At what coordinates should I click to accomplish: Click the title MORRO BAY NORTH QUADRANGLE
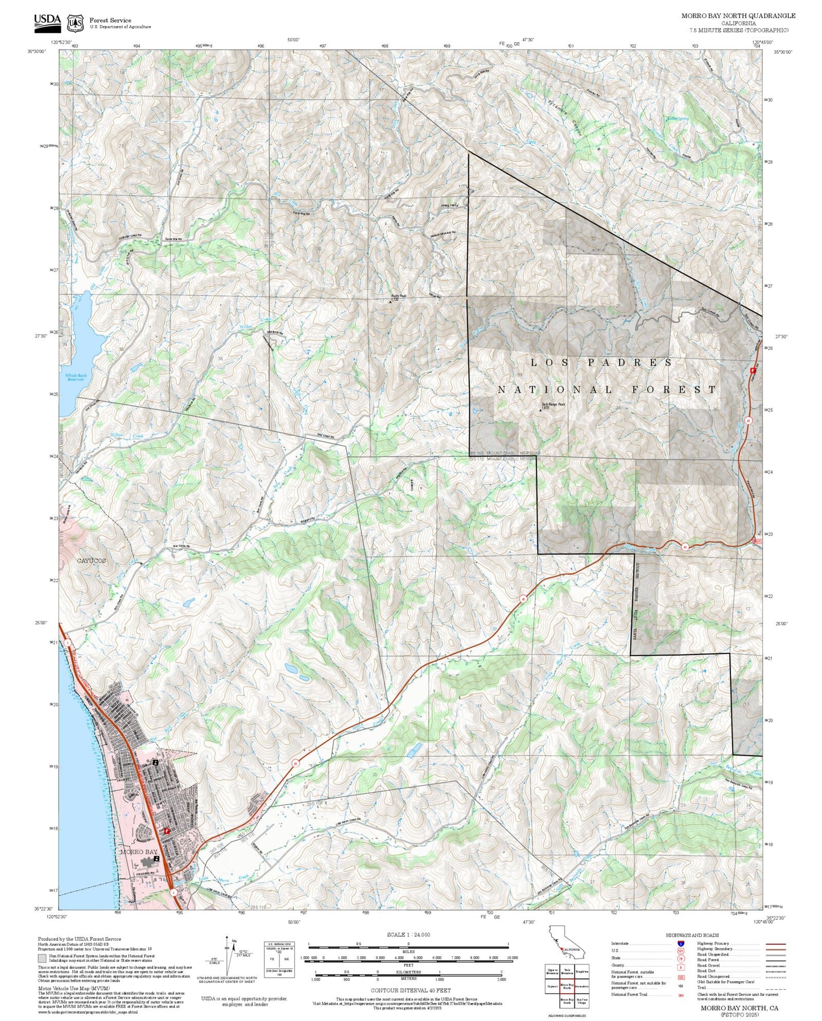(738, 16)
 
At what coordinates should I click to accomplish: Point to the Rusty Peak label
(398, 296)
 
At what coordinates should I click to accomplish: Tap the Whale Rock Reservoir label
(75, 377)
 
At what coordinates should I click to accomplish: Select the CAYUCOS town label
(91, 561)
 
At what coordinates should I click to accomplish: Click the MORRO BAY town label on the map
(138, 852)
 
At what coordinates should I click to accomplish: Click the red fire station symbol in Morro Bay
(166, 831)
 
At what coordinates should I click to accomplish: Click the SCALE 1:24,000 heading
(408, 934)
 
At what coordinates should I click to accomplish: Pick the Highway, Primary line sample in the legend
(775, 944)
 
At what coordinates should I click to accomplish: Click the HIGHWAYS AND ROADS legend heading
(692, 935)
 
